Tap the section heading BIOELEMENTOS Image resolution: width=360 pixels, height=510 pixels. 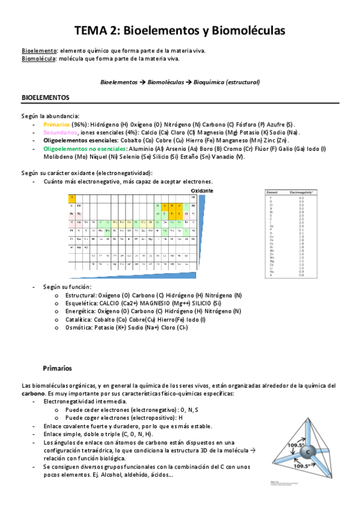pyautogui.click(x=46, y=97)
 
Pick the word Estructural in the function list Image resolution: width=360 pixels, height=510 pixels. pyautogui.click(x=81, y=295)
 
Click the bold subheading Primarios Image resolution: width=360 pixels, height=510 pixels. pyautogui.click(x=57, y=367)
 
